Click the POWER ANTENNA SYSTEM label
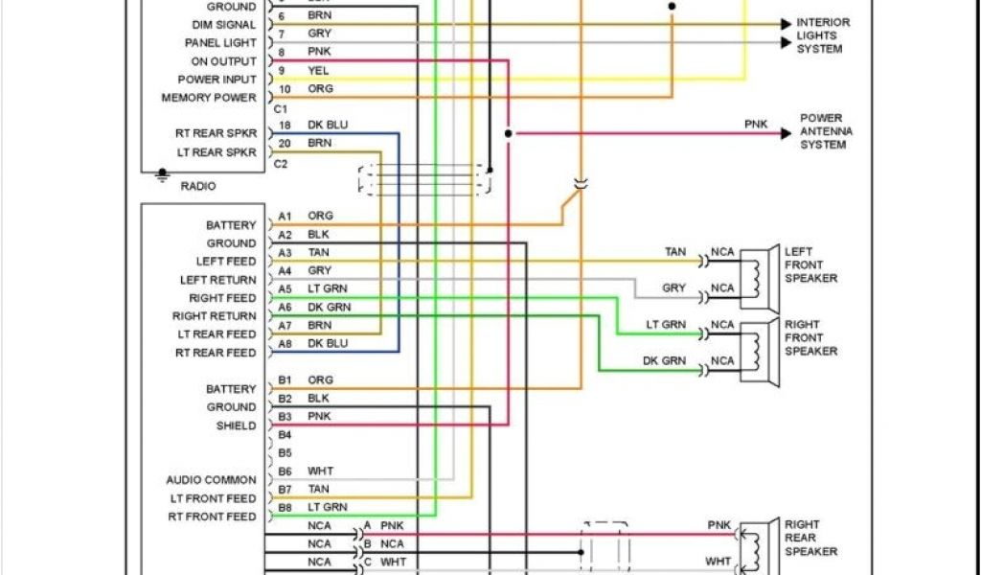(x=826, y=131)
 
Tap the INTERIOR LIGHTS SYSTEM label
(x=822, y=35)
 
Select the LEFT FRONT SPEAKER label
(x=810, y=264)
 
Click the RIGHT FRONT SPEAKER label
(x=810, y=337)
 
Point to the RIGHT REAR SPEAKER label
(x=810, y=538)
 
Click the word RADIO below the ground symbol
(x=198, y=186)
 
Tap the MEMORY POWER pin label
(x=209, y=98)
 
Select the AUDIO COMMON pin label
(x=211, y=480)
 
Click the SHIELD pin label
(x=236, y=425)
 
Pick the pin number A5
(x=285, y=288)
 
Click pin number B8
(x=285, y=507)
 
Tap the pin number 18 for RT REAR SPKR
(x=285, y=126)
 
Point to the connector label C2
(x=281, y=164)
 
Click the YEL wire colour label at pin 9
(x=318, y=71)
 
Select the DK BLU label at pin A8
(x=328, y=343)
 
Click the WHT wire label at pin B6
(x=320, y=471)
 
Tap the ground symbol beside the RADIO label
(x=162, y=176)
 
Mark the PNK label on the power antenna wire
(x=756, y=125)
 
